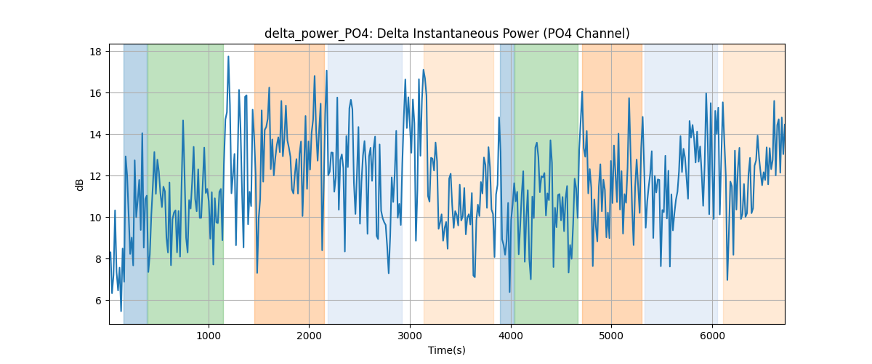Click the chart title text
click(x=447, y=33)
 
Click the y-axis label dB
click(x=79, y=185)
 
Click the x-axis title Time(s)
click(x=447, y=350)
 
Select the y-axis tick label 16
click(x=96, y=93)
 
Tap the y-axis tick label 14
click(x=96, y=135)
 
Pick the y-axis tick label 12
click(x=96, y=176)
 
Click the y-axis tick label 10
click(x=96, y=218)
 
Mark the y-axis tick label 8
click(x=99, y=259)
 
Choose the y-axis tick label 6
click(x=99, y=301)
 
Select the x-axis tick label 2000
click(x=309, y=336)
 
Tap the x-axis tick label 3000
click(x=410, y=336)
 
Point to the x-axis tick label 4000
click(x=511, y=336)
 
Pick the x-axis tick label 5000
click(x=611, y=336)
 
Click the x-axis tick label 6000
click(x=712, y=336)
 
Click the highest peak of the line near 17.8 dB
click(x=228, y=57)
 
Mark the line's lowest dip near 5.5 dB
click(x=121, y=311)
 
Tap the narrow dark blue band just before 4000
click(x=507, y=183)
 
